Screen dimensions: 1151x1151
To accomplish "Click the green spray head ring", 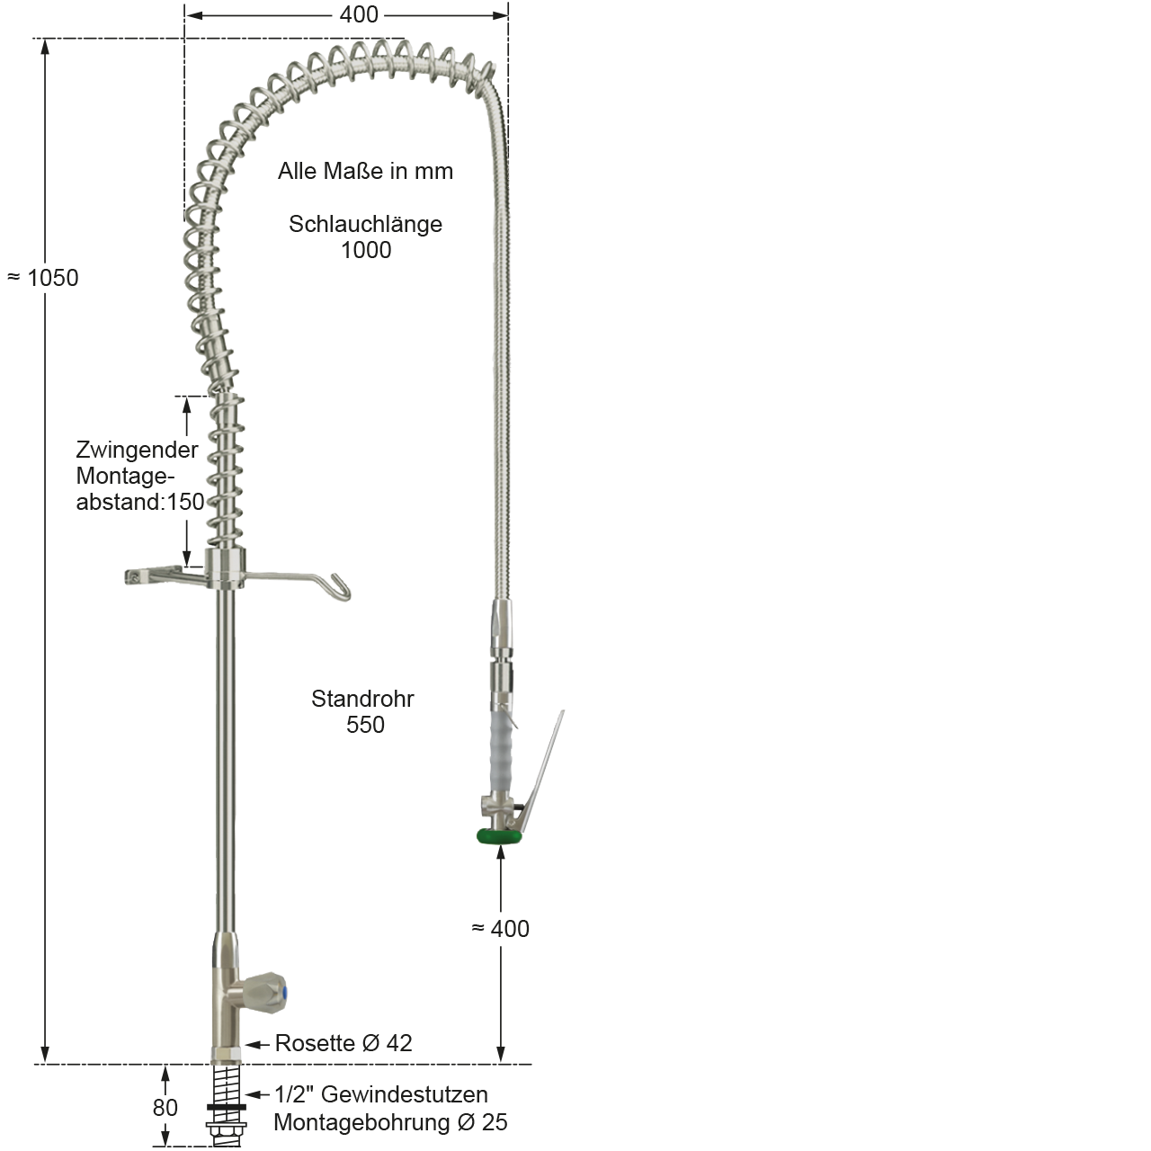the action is tap(499, 837).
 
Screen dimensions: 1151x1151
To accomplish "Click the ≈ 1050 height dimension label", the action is tap(42, 278).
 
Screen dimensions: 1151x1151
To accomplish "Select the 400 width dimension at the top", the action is tap(359, 15).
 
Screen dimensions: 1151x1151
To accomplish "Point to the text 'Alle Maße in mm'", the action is tap(366, 172).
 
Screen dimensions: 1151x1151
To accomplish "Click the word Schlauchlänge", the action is tap(366, 224).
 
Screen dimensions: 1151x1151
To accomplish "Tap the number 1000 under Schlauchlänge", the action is tap(366, 250).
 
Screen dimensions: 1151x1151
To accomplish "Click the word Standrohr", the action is tap(362, 699).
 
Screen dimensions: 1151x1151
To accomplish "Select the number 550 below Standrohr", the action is tap(365, 725).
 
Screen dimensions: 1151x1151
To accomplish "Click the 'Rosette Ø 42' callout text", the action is tap(344, 1043).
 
